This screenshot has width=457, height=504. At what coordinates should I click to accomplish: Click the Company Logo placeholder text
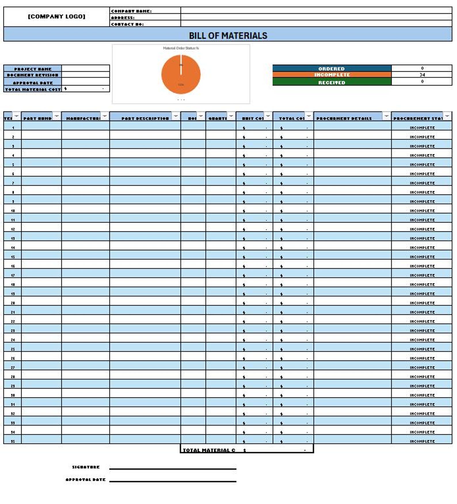click(x=56, y=16)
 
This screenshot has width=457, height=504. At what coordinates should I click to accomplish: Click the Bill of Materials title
click(x=228, y=35)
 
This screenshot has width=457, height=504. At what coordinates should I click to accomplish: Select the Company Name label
click(x=131, y=11)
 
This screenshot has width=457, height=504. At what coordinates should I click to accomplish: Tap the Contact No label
click(x=127, y=24)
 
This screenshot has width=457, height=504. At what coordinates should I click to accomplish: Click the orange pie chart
click(x=181, y=75)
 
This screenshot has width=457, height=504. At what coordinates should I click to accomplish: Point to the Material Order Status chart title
click(x=181, y=48)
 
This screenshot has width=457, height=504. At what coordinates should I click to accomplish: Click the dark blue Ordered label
click(x=331, y=69)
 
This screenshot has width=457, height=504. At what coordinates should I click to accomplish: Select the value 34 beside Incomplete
click(x=422, y=75)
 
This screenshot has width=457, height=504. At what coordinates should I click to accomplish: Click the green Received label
click(x=331, y=82)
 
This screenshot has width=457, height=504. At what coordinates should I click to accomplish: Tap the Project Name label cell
click(x=33, y=69)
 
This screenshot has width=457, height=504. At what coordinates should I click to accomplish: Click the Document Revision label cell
click(x=33, y=75)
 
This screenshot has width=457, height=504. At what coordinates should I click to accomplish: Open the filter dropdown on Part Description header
click(x=176, y=116)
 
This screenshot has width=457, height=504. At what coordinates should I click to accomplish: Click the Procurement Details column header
click(x=344, y=118)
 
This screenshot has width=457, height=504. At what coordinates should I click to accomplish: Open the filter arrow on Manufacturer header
click(x=105, y=116)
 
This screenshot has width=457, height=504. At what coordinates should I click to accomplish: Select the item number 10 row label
click(x=13, y=211)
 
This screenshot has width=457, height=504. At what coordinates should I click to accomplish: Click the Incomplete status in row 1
click(x=422, y=128)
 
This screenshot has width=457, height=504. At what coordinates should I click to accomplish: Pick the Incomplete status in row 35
click(x=422, y=441)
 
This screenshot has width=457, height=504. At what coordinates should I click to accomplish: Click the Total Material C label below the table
click(x=209, y=450)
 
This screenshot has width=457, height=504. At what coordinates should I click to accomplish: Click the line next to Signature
click(x=173, y=469)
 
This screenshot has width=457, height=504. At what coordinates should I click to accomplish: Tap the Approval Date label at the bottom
click(x=85, y=480)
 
